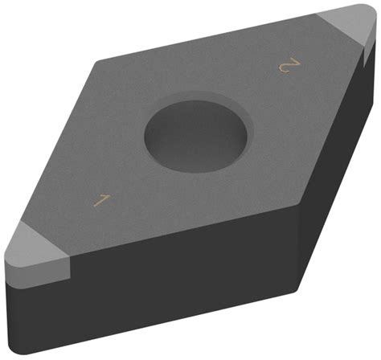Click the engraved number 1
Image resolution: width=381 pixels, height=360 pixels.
[100, 200]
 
